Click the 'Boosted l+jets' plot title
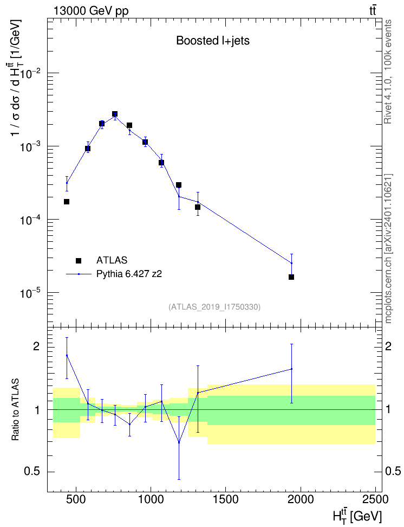(x=213, y=41)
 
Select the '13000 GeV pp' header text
(x=91, y=11)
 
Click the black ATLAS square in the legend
(x=79, y=260)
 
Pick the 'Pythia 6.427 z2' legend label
(x=129, y=274)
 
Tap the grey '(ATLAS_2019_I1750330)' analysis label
(x=214, y=307)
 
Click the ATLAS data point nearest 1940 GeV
(x=291, y=277)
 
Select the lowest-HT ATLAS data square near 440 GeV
(x=67, y=202)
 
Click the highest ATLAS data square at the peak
(x=115, y=114)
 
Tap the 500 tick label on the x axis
(x=76, y=499)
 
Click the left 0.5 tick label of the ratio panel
(x=31, y=472)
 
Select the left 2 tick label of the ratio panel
(x=36, y=346)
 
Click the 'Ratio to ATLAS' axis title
(x=16, y=410)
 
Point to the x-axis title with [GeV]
(x=357, y=517)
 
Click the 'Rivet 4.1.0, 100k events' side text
(x=388, y=72)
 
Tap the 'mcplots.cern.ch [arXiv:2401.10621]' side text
(x=388, y=248)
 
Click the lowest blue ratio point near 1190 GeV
(x=179, y=442)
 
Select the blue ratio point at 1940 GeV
(x=291, y=369)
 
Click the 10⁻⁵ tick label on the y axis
(x=30, y=293)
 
